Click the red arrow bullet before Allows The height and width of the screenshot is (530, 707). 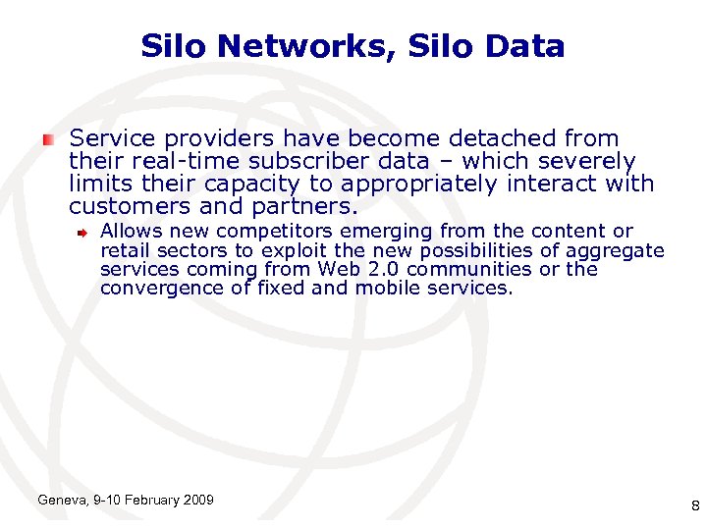pos(84,232)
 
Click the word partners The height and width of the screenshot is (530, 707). pos(308,207)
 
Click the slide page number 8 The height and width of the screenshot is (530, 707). pos(694,506)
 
